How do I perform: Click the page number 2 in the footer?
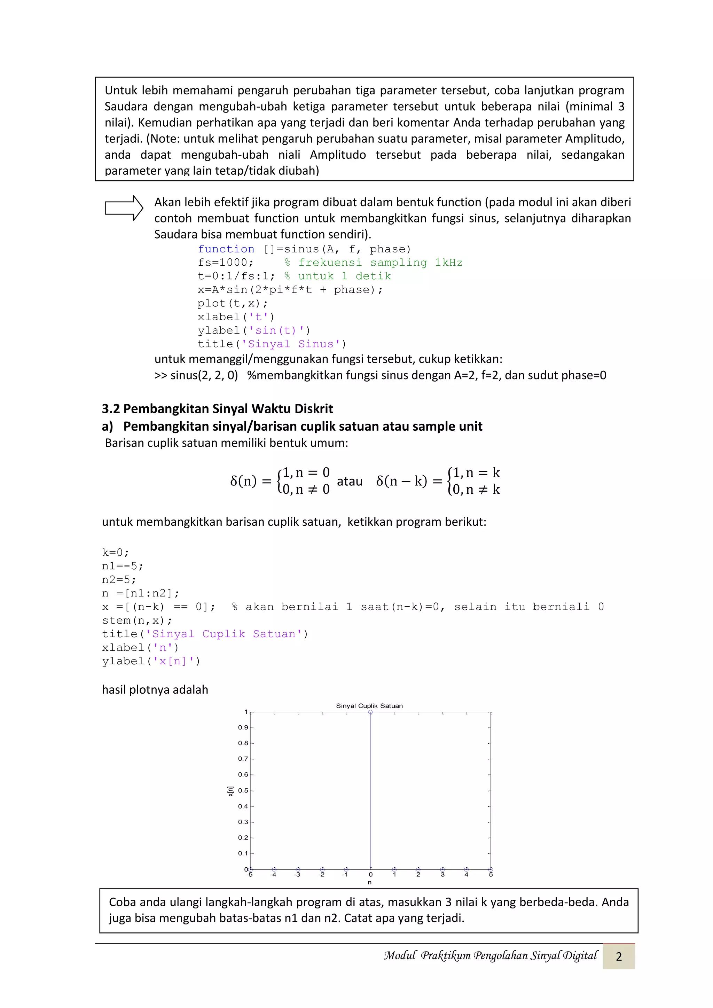coord(618,956)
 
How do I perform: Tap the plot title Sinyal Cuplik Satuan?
coord(369,706)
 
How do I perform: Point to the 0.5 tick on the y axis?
coord(243,791)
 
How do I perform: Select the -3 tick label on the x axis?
coord(297,875)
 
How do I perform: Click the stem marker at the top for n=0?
coord(370,712)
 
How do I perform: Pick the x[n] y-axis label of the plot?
coord(230,791)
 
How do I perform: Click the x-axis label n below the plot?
coord(370,882)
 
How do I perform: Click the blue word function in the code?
coord(226,249)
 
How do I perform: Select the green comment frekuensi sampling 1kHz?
coord(380,263)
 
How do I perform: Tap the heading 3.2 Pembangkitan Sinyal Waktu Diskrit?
coord(217,409)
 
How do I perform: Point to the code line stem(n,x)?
coord(137,620)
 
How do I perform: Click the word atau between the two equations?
coord(350,481)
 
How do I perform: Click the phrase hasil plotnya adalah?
coord(155,690)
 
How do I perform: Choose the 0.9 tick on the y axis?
coord(243,727)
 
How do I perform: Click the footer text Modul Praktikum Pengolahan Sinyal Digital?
coord(491,956)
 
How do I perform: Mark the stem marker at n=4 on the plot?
coord(466,869)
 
